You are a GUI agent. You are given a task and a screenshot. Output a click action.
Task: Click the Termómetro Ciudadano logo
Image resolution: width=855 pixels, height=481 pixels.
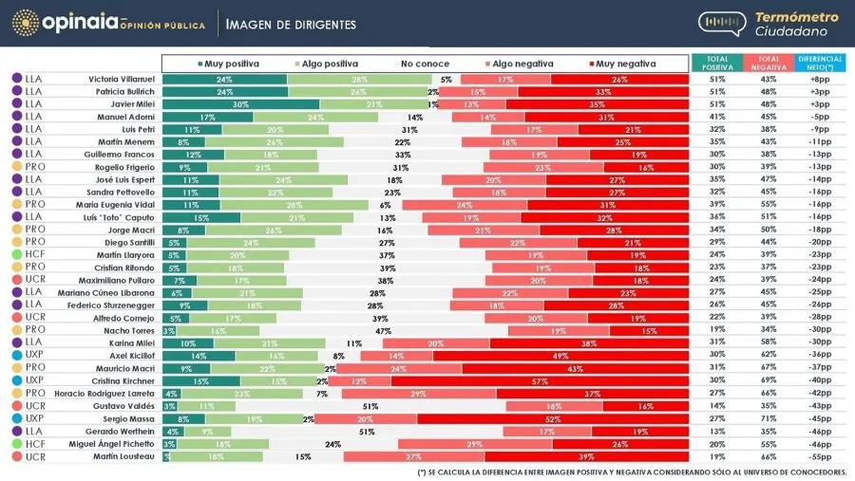point(770,24)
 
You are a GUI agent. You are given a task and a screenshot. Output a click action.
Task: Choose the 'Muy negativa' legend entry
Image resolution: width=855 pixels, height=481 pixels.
point(621,64)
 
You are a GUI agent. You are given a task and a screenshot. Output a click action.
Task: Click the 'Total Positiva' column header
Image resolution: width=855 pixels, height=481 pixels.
point(717,63)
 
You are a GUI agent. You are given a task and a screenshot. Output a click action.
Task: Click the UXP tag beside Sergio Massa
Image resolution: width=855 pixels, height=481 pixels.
point(34,417)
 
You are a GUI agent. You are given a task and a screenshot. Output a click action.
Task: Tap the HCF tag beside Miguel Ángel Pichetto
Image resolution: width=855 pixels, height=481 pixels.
point(34,443)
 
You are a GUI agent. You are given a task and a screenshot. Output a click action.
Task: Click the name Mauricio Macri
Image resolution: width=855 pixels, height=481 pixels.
point(123,367)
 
